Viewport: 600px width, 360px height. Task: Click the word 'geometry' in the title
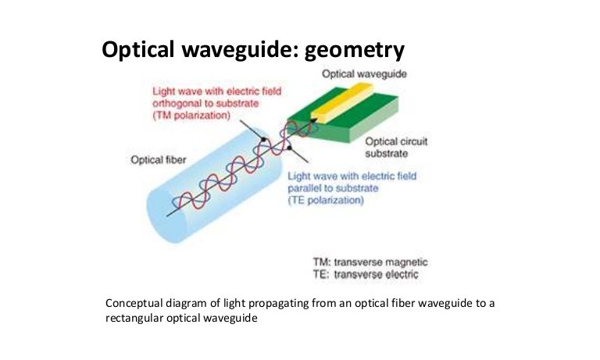pos(354,50)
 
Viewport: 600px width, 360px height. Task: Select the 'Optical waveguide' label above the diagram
pos(364,74)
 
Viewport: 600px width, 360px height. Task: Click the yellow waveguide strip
pos(341,102)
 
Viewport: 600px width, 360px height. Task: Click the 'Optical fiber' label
pos(159,160)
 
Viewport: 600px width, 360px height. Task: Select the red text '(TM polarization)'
pos(191,116)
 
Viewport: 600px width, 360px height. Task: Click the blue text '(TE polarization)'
pos(326,200)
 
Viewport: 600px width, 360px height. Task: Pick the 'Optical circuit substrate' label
pos(396,148)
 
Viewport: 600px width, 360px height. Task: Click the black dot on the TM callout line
pos(262,140)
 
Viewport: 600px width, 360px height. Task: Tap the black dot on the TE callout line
pos(289,148)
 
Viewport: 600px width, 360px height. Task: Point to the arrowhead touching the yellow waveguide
pos(314,120)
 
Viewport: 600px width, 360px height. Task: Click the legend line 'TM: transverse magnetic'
pos(370,262)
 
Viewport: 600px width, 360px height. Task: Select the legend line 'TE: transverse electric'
pos(366,274)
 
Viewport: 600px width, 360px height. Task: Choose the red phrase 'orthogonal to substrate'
pos(205,103)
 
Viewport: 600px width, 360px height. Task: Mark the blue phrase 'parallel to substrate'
pos(333,188)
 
